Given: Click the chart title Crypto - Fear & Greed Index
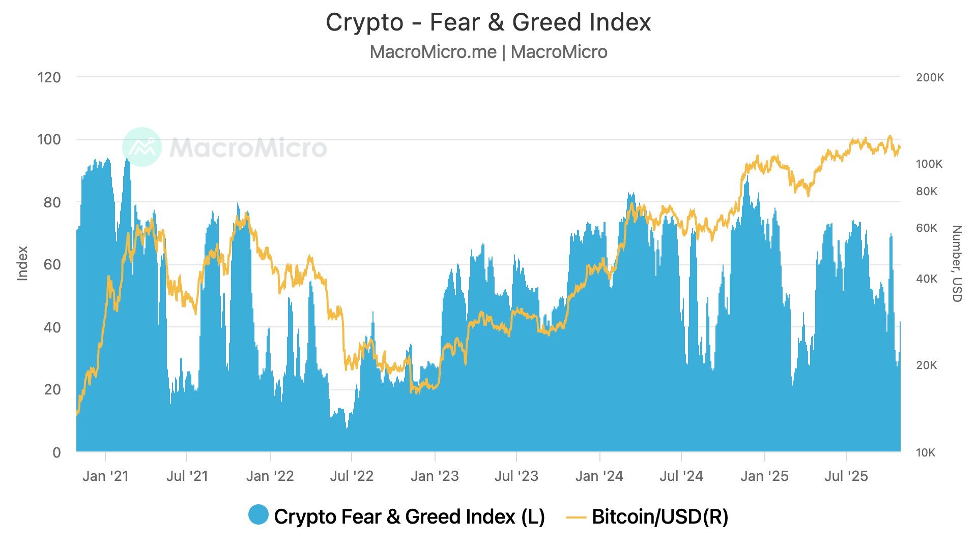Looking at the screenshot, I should click(488, 22).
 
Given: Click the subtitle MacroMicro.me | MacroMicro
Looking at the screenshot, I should click(488, 52).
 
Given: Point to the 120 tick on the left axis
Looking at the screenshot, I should click(49, 78).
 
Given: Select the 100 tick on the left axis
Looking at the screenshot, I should click(49, 140).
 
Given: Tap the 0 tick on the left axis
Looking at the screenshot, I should click(56, 452).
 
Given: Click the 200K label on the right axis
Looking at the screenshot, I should click(930, 78).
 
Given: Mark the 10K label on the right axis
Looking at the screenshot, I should click(926, 453).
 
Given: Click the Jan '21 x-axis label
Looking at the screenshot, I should click(105, 476).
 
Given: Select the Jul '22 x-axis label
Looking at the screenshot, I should click(352, 476).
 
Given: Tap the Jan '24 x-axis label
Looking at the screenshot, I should click(599, 476).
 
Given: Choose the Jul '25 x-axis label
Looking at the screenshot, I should click(846, 476).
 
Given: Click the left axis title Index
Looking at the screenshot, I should click(22, 263).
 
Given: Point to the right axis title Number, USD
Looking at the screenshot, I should click(957, 263).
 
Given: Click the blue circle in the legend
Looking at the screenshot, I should click(258, 515).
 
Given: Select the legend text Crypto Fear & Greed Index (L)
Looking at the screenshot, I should click(409, 517).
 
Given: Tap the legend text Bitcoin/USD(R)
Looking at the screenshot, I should click(660, 517).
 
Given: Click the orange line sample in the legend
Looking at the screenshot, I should click(576, 517).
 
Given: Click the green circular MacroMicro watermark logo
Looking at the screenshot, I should click(142, 147).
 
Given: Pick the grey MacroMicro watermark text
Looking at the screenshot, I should click(248, 148).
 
